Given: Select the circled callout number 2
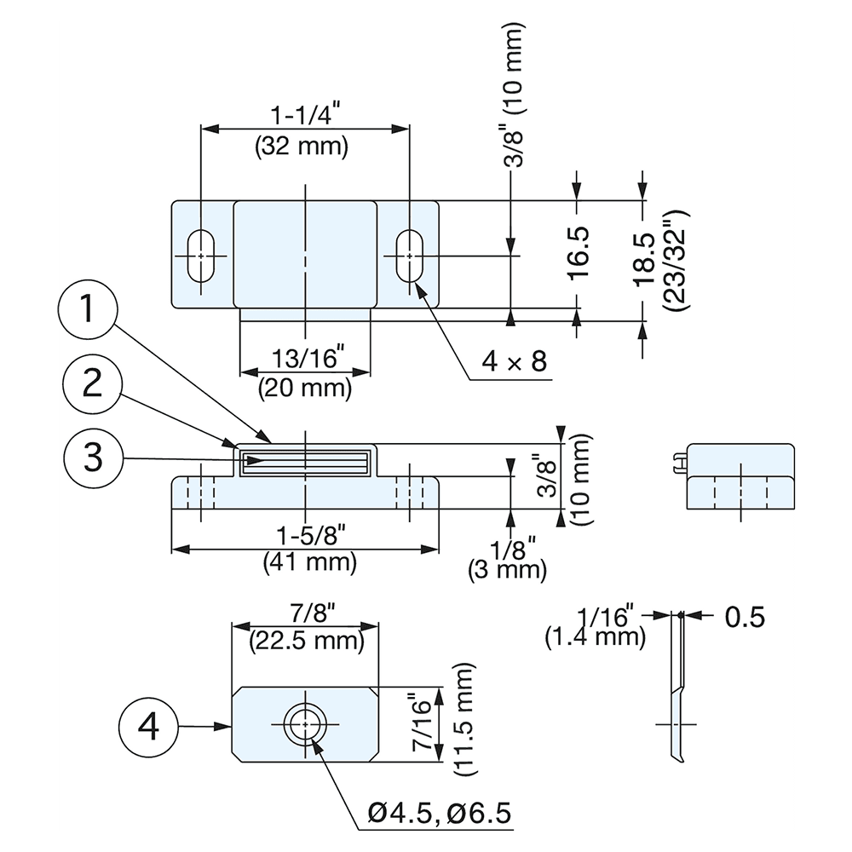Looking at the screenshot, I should [93, 385].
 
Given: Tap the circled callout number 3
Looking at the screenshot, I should [93, 458].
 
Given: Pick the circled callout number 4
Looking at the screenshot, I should [148, 727].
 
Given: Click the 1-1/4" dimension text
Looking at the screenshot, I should [302, 113].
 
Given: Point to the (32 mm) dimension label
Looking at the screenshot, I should [302, 146].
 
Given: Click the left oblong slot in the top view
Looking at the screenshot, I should [202, 254].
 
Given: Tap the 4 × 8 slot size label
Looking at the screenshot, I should [514, 362].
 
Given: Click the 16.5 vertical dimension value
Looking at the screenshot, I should [579, 252].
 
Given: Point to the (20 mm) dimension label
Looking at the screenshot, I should [305, 389].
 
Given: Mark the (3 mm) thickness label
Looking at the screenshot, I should [507, 570].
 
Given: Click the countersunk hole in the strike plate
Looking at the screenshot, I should [304, 724].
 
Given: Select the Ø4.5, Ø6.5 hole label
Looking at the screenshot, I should [440, 814].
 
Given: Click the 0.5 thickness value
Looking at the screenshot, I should [745, 616].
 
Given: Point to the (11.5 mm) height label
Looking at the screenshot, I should [464, 720].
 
